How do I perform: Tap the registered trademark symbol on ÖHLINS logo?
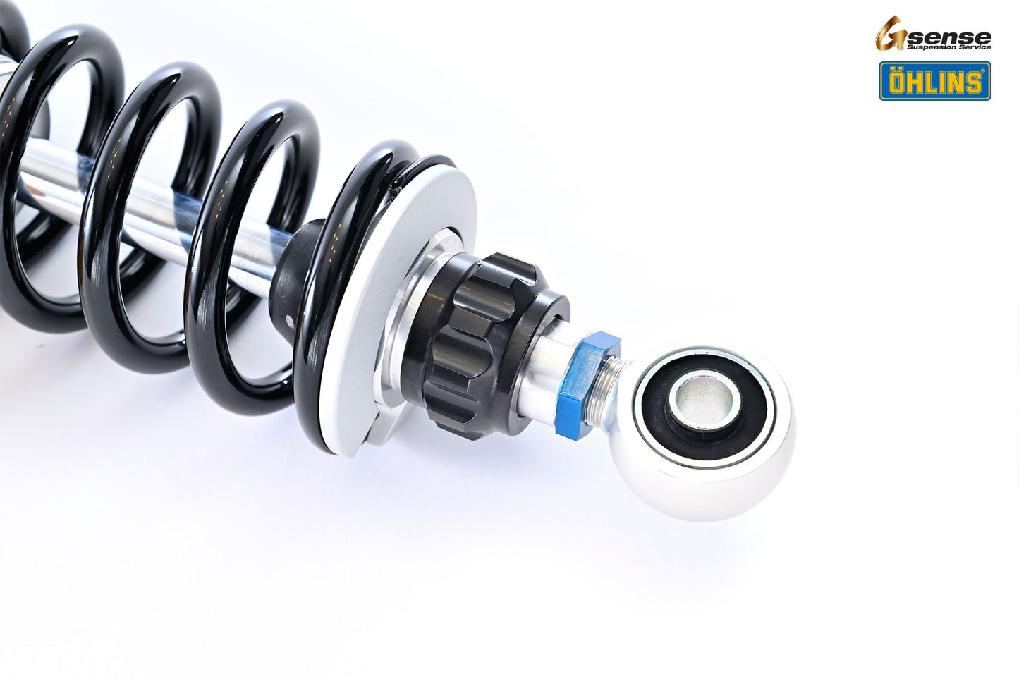pos(985,70)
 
